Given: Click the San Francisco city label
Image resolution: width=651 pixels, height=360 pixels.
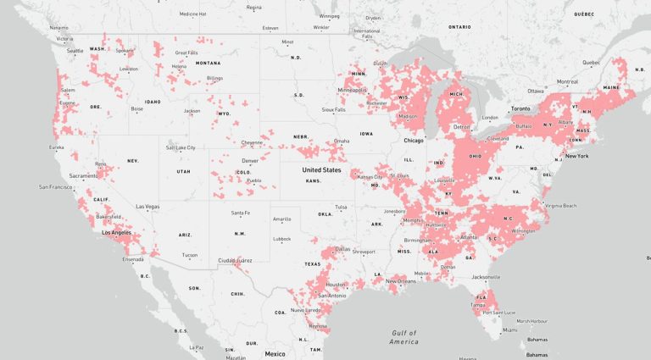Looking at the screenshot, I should [54, 186].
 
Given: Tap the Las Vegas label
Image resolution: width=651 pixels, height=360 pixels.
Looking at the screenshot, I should [147, 207].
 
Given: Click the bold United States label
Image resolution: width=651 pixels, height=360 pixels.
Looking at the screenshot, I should [321, 170].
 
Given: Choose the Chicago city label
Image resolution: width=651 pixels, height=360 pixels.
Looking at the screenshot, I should [414, 141].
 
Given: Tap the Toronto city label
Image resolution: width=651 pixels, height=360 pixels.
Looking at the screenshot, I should [520, 108].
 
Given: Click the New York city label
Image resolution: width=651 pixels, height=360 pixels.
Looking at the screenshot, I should [576, 156].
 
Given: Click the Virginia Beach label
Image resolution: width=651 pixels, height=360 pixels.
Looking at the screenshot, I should [561, 206].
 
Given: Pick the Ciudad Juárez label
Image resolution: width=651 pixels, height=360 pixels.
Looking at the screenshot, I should [235, 260].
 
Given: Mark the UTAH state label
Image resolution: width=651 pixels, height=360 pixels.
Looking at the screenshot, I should [183, 171].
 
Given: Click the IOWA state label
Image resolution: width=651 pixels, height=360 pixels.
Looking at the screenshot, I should [366, 134].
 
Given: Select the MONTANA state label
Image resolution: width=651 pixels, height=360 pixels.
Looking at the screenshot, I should [208, 63].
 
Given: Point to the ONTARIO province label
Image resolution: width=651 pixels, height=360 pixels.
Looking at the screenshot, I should [459, 27].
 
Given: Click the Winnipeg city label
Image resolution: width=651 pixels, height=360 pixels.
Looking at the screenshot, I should [330, 16].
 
